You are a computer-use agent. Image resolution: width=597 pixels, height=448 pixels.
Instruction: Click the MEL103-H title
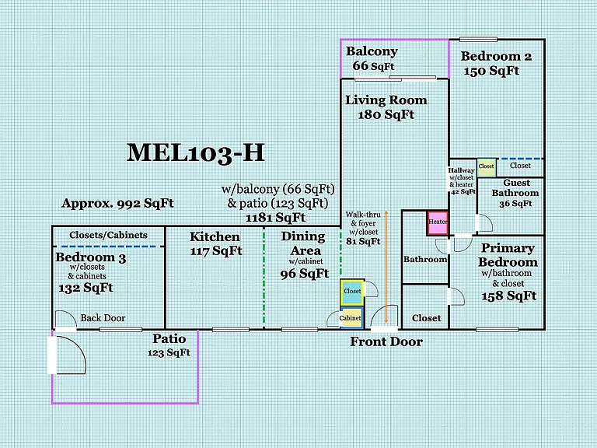point(195,152)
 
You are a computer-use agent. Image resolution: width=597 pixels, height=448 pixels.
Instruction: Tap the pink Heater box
point(438,223)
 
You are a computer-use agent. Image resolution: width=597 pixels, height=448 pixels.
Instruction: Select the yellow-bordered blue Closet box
point(352,292)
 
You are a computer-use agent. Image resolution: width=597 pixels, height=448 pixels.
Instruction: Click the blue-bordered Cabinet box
point(351,317)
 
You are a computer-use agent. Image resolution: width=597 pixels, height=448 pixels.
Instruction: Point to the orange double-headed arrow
point(386,267)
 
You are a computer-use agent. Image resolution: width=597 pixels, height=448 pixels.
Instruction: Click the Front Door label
point(386,341)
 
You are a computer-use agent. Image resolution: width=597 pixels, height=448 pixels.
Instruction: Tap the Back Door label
point(103,317)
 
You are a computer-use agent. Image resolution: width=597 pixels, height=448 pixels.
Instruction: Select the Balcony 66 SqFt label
point(372,58)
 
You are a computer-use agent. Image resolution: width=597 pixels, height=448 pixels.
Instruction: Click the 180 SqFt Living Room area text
point(386,114)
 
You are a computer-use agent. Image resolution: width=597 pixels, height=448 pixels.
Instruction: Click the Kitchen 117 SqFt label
point(215,243)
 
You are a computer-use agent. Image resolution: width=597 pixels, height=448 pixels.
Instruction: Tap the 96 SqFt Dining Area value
point(305,274)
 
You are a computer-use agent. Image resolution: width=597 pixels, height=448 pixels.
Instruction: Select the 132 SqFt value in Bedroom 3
point(86,288)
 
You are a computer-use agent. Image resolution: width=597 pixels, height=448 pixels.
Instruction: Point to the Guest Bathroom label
point(515,187)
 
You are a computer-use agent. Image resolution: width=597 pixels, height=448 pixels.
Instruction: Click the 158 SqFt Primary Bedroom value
point(509,296)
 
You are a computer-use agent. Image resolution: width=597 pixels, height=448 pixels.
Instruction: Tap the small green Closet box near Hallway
point(486,168)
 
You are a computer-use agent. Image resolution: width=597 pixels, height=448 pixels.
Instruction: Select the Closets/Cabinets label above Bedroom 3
point(108,235)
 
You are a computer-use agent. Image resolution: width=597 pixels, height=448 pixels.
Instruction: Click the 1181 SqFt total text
point(275,218)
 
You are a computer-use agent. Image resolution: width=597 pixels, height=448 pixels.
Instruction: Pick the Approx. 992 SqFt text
point(117,204)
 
